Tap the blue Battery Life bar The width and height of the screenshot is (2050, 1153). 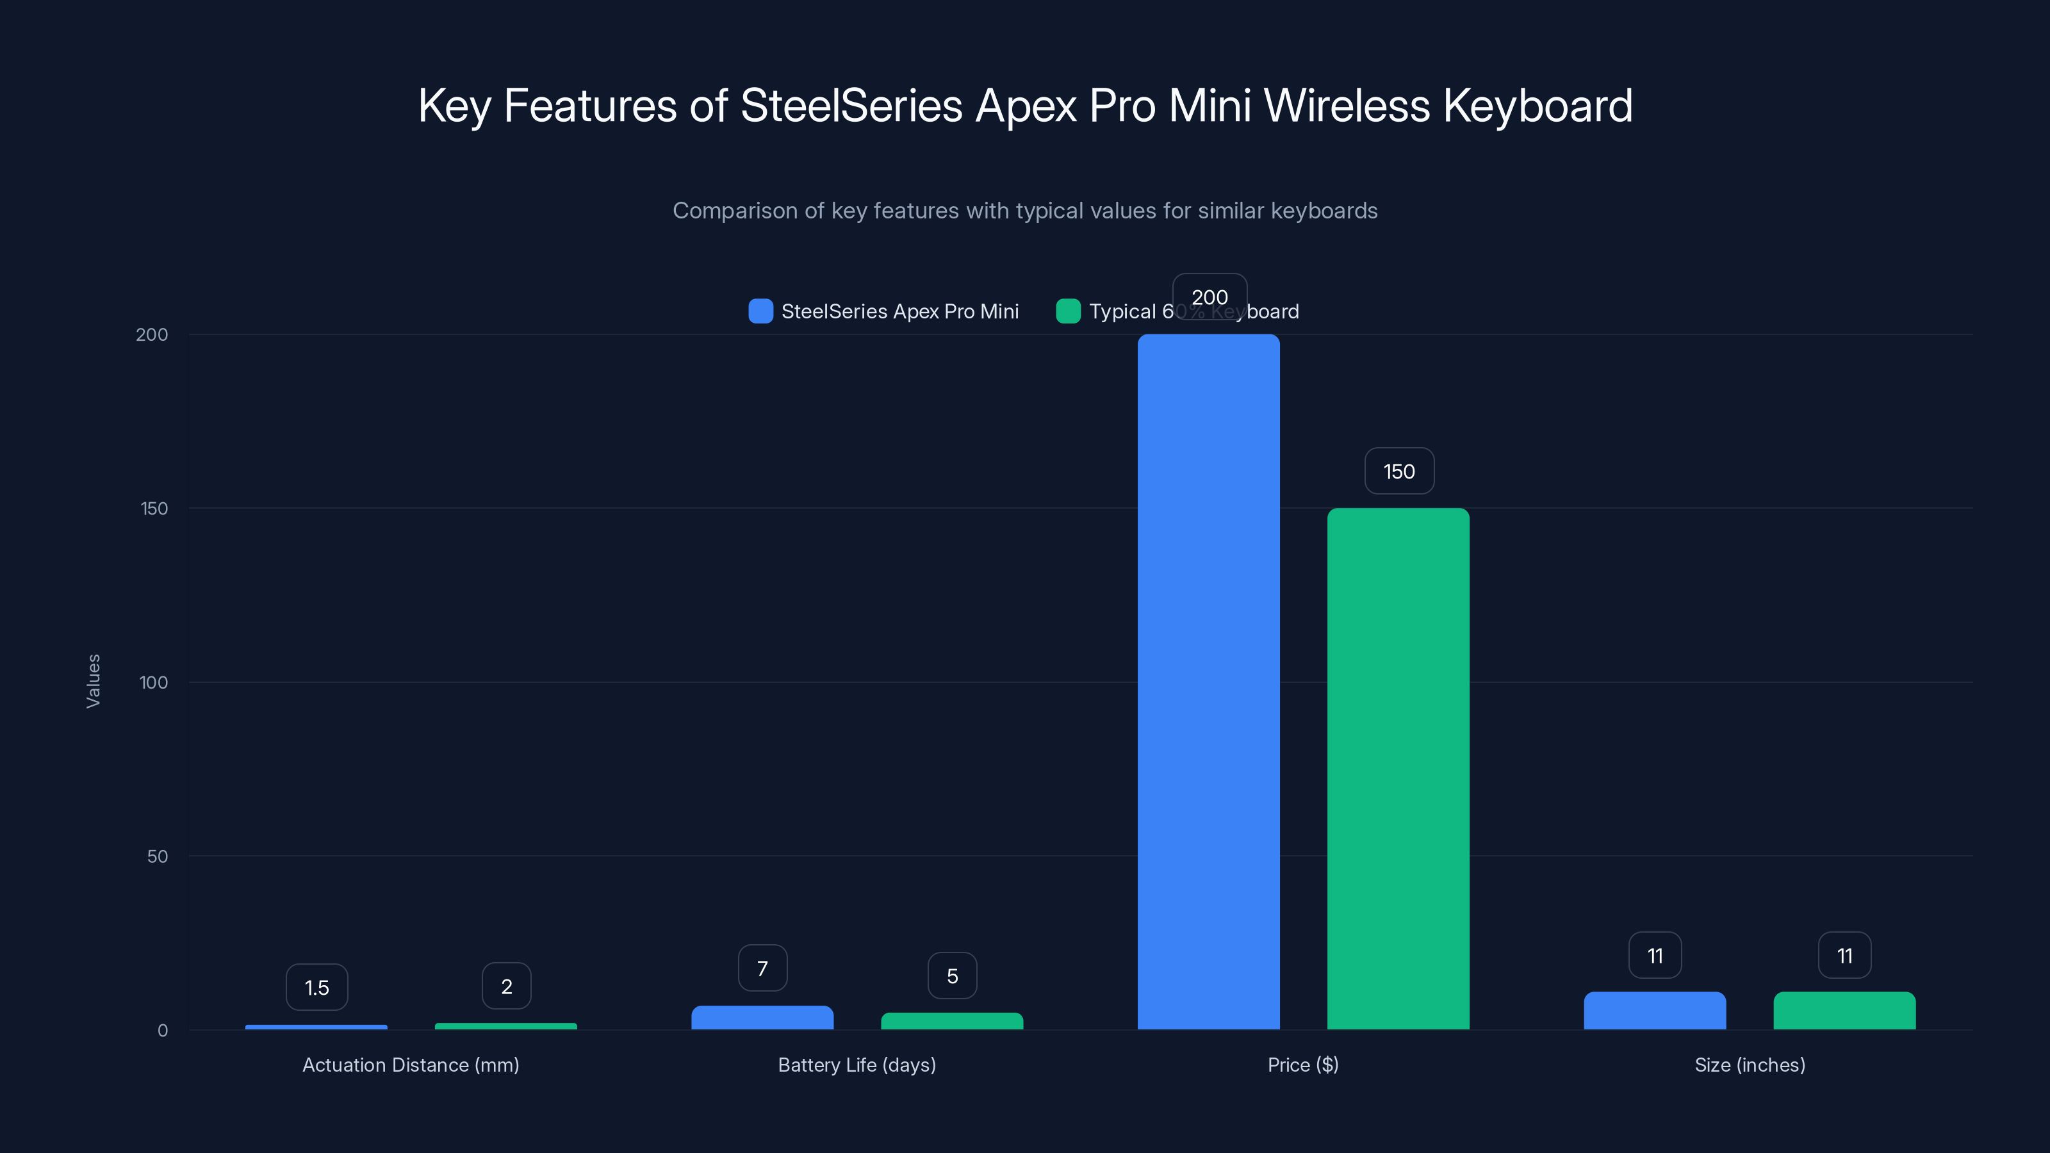click(x=762, y=1017)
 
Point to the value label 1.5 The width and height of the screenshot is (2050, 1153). click(x=316, y=988)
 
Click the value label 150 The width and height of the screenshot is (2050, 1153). click(x=1399, y=471)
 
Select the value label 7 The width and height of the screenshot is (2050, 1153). click(x=762, y=969)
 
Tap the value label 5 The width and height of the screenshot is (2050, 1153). click(x=952, y=976)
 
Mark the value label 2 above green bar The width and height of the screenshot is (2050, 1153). click(x=506, y=986)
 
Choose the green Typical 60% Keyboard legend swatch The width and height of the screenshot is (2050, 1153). click(x=1068, y=311)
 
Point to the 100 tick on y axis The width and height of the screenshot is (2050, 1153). click(x=153, y=682)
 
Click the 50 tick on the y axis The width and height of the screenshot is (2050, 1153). click(x=157, y=856)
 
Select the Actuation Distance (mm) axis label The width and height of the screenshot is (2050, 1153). click(x=411, y=1065)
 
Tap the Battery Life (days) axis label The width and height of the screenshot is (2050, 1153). click(x=857, y=1065)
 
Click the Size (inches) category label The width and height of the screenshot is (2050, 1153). click(x=1749, y=1065)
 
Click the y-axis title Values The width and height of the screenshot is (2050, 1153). click(x=93, y=680)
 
